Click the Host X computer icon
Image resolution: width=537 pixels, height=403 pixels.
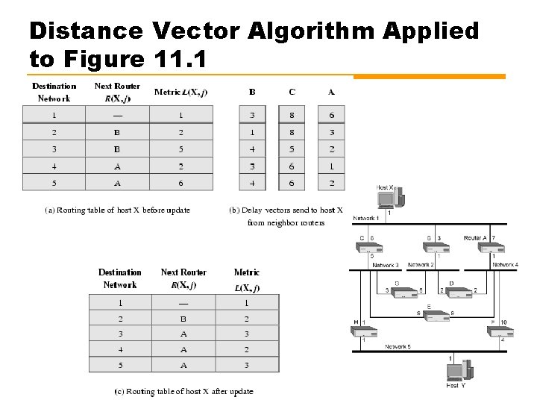(390, 199)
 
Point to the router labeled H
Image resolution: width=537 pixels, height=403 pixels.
(364, 331)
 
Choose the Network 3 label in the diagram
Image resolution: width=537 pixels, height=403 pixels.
(386, 265)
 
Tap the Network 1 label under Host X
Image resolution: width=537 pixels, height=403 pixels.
(365, 218)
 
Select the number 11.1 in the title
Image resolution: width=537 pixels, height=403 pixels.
(183, 57)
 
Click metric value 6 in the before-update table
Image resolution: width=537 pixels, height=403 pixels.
(180, 182)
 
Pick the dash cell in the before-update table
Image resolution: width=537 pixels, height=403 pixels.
(117, 114)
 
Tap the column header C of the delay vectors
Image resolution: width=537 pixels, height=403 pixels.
(292, 92)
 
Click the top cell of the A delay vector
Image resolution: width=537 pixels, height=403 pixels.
(331, 114)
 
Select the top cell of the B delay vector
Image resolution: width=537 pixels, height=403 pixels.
(252, 114)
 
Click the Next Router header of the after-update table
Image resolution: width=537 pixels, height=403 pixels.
(183, 278)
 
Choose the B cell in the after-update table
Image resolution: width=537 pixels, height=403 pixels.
(183, 319)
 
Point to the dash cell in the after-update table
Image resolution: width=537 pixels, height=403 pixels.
(183, 303)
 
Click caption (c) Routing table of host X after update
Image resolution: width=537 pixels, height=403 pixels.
(183, 391)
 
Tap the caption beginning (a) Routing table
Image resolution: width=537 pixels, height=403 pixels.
(118, 210)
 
